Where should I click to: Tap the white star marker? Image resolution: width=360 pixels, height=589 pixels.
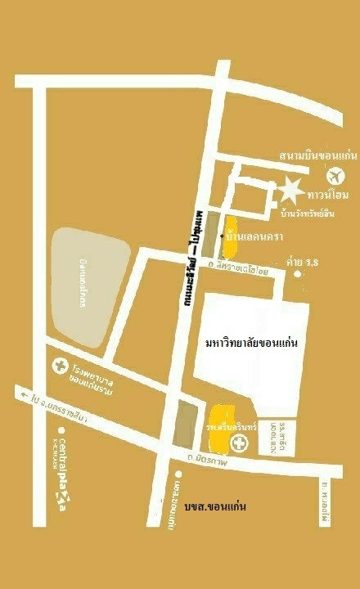coord(290,191)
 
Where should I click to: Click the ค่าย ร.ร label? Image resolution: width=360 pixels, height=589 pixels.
coord(301,262)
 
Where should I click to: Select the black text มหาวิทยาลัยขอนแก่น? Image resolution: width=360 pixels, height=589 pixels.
coord(250,343)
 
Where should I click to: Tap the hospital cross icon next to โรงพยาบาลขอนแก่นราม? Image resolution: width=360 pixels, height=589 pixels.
coord(58,366)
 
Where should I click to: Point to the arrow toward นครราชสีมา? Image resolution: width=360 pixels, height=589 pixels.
coord(20,393)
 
